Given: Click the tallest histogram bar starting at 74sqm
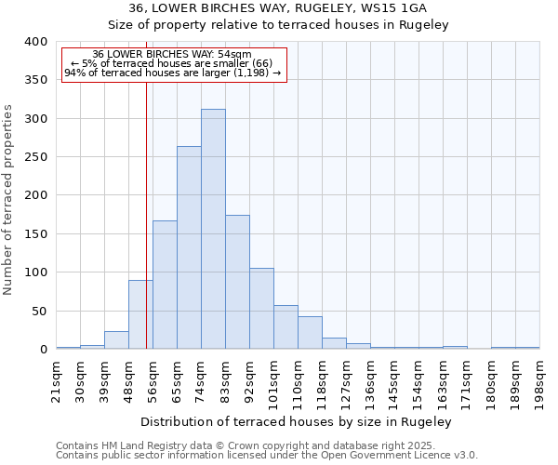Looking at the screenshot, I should (213, 229).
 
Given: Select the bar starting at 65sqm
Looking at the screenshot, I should (189, 247).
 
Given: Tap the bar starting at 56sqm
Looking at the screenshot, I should (165, 285).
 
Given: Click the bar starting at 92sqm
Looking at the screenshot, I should (261, 309).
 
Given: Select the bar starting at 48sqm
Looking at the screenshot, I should (140, 314).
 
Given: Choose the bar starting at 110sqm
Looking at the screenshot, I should (310, 333).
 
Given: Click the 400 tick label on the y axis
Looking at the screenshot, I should (35, 42).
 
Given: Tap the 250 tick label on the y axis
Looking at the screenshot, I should (35, 157).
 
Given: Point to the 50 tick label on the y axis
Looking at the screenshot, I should (39, 311).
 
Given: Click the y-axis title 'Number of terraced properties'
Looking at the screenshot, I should (9, 199).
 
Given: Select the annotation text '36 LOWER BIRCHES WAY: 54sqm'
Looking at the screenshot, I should (172, 55).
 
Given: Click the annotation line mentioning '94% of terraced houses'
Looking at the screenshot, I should (172, 73).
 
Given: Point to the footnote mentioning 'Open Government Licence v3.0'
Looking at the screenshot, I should (267, 455).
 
